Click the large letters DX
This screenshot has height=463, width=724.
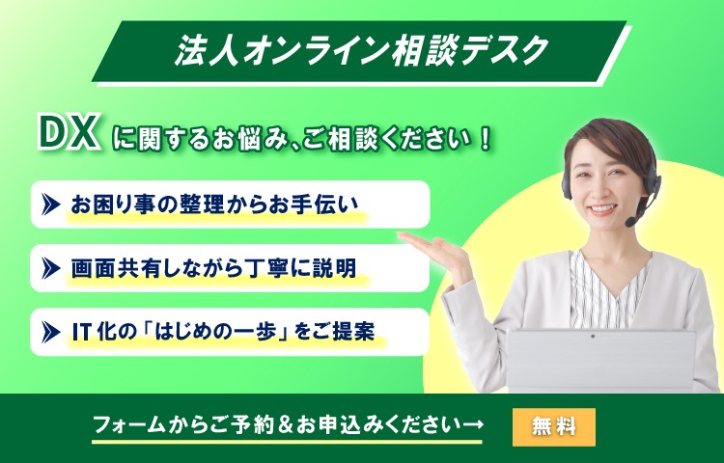pos(69,133)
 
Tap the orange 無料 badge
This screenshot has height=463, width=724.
pos(554,426)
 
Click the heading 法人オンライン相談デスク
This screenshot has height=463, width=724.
pos(362,50)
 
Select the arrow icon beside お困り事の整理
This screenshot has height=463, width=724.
pos(50,204)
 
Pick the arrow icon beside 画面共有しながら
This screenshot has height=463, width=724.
pos(50,268)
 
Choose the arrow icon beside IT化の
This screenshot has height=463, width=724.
pos(50,332)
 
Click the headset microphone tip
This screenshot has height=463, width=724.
pos(630,222)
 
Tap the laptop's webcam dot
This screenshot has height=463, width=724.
pos(593,337)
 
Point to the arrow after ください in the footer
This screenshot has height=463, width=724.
pos(472,423)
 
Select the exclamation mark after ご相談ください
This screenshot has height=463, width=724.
pos(485,140)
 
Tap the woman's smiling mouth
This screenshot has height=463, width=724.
pos(602,209)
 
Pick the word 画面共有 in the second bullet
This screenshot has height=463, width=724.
pos(117,268)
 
